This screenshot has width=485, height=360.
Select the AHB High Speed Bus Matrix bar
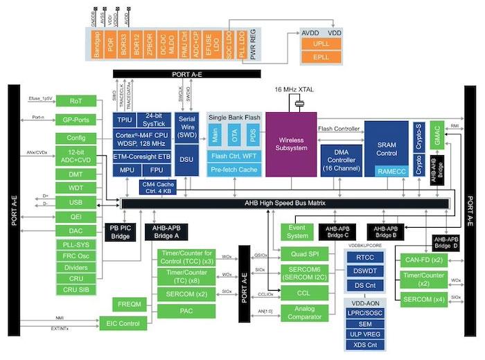[x=285, y=203]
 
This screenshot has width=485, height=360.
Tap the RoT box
[x=76, y=101]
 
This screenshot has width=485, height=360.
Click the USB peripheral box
[x=76, y=202]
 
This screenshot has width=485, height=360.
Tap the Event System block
[x=298, y=232]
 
